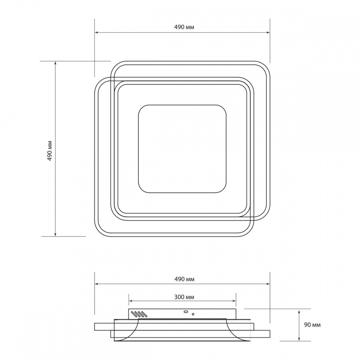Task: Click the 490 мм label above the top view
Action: [x=184, y=27]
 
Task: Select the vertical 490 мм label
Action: [x=50, y=150]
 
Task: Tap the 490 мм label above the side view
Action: [x=184, y=279]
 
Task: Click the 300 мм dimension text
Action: [x=184, y=297]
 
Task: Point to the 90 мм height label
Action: [x=312, y=325]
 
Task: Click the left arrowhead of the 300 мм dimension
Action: [x=130, y=301]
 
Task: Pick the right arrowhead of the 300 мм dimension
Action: [x=234, y=301]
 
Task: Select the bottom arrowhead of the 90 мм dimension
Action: [x=299, y=339]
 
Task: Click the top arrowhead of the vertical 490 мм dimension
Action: [x=55, y=63]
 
